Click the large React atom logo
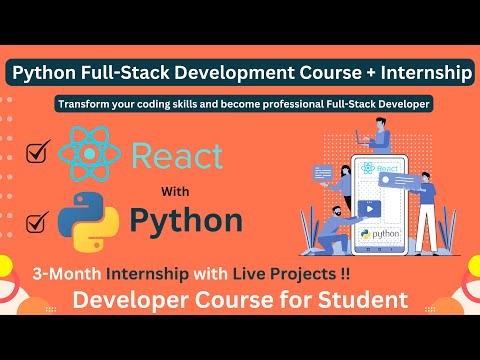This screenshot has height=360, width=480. [x=93, y=153]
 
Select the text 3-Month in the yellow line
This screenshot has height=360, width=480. [x=72, y=273]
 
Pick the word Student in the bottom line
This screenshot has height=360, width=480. [x=359, y=298]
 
